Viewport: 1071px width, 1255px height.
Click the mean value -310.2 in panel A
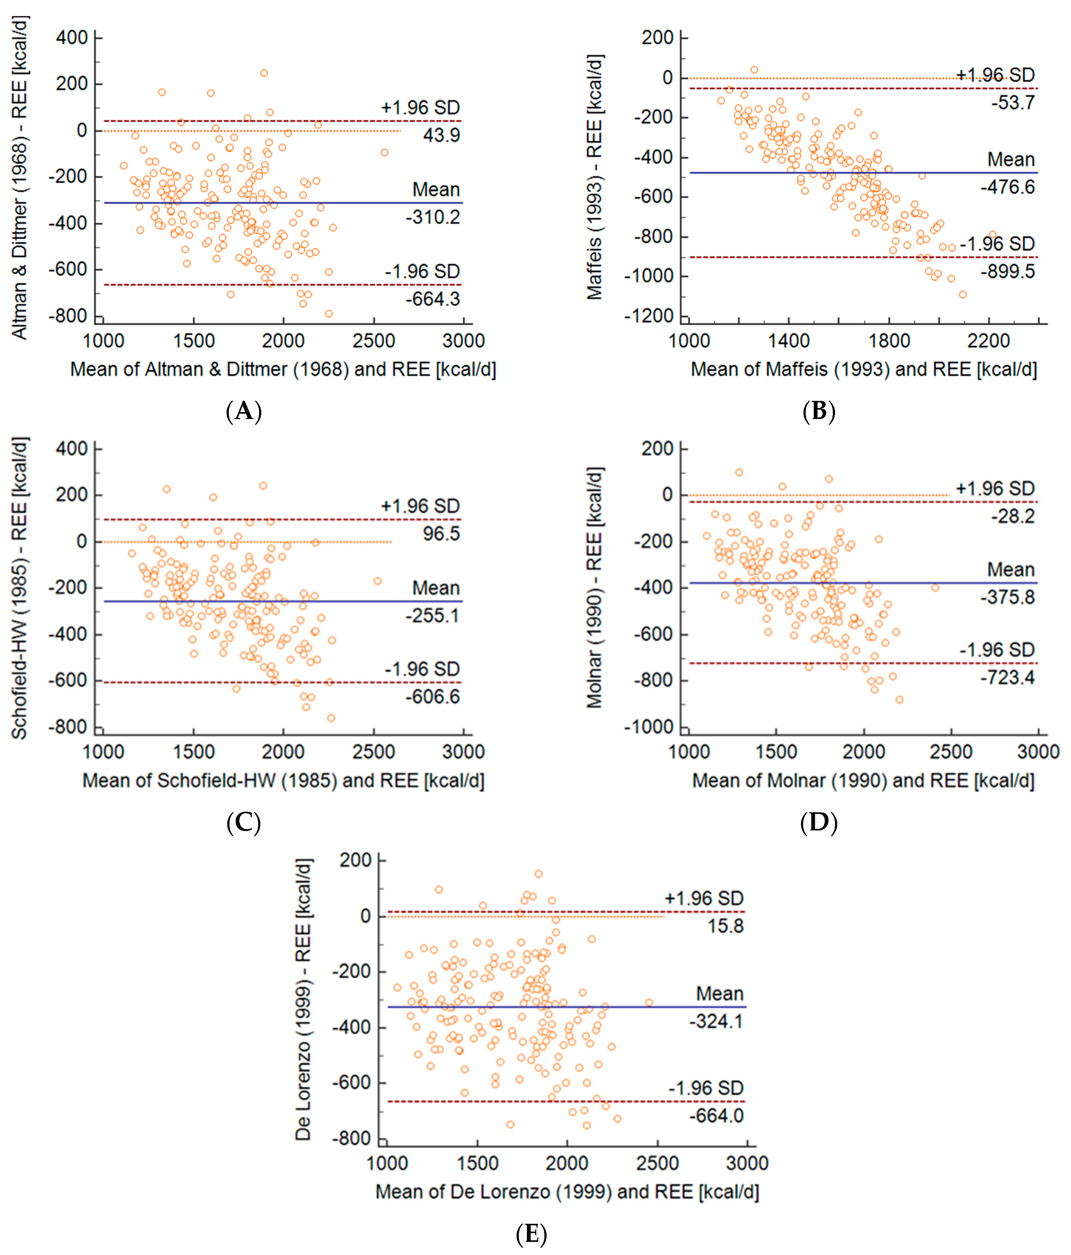(433, 217)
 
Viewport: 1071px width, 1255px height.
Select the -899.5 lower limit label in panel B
(1007, 271)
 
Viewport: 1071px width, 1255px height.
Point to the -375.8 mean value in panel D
(1007, 597)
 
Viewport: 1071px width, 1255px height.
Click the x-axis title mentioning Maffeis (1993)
(863, 369)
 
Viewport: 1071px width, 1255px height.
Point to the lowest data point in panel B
(963, 294)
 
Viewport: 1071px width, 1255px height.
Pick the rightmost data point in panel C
(377, 581)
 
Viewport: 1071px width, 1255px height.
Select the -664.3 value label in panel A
(433, 299)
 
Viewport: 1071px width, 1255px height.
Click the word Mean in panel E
(719, 994)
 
